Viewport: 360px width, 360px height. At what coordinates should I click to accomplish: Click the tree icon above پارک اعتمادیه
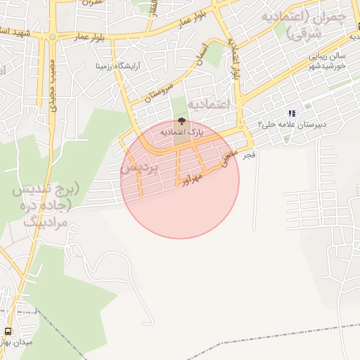[x=183, y=122]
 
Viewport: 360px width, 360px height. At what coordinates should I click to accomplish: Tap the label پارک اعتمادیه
[x=182, y=131]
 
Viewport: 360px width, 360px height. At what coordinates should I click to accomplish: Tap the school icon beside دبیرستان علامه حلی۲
[x=291, y=113]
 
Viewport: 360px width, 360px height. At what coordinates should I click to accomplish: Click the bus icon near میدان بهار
[x=8, y=331]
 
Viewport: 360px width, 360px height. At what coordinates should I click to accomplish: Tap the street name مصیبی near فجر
[x=229, y=160]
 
